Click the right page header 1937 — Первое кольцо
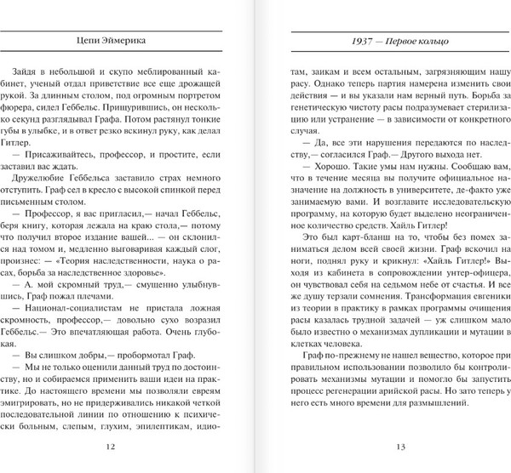(385, 41)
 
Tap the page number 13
(384, 447)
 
